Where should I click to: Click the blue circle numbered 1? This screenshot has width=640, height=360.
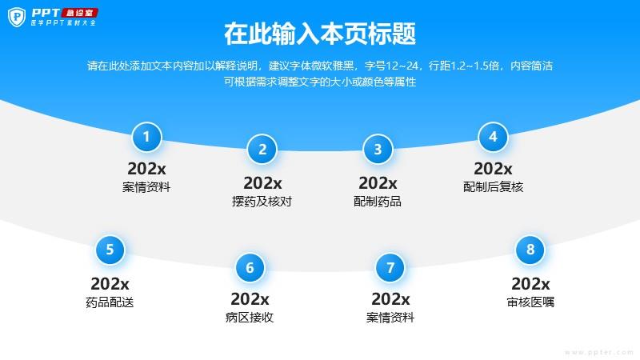[x=146, y=137]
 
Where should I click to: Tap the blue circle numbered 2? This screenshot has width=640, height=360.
[x=262, y=150]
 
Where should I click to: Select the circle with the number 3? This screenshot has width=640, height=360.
[x=378, y=150]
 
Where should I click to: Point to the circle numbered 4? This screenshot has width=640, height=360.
[x=493, y=137]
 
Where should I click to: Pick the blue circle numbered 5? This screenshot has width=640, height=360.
[x=110, y=250]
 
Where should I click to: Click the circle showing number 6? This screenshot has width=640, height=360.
[x=250, y=268]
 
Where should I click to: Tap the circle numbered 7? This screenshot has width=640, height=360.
[x=390, y=268]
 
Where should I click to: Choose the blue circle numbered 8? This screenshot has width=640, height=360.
[x=530, y=250]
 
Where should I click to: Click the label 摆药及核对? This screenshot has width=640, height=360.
[x=262, y=202]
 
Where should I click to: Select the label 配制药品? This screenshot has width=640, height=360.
[x=378, y=202]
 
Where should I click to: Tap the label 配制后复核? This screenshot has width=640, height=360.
[x=493, y=187]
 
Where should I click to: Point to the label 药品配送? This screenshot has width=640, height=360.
[x=110, y=302]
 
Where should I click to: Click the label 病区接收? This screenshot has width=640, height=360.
[x=250, y=317]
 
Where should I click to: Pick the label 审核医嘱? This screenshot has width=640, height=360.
[x=530, y=302]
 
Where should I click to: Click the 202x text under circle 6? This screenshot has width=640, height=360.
[x=250, y=299]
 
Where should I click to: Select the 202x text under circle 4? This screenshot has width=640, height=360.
[x=493, y=169]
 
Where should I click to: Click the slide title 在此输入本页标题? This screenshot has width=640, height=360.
[x=320, y=34]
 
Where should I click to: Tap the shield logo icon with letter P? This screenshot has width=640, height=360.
[x=17, y=17]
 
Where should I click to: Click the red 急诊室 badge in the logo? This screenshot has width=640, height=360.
[x=79, y=13]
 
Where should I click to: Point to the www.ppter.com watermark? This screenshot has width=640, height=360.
[x=598, y=352]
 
